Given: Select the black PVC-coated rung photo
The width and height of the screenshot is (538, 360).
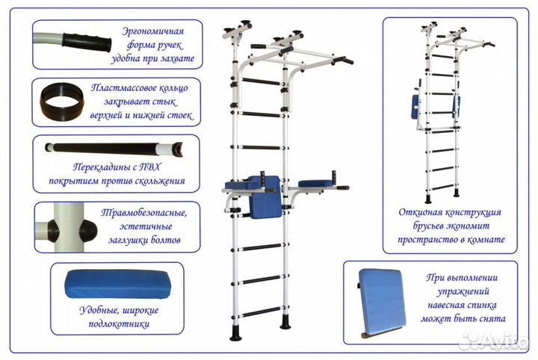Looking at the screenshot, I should (x=112, y=148).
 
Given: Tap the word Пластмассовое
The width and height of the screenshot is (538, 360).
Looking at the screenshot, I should (x=140, y=87).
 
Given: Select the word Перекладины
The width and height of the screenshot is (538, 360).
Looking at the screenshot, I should (x=87, y=169).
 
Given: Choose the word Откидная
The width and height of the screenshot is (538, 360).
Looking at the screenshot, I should (x=420, y=213).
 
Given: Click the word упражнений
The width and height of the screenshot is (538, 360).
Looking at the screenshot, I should (x=463, y=292).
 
